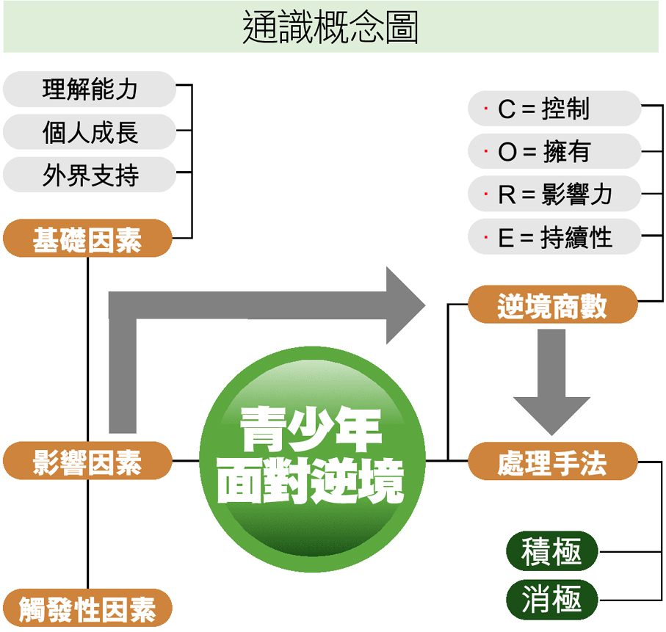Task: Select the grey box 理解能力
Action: pyautogui.click(x=90, y=90)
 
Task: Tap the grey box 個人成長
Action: pyautogui.click(x=90, y=132)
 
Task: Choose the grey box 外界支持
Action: pyautogui.click(x=90, y=175)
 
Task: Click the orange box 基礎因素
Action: pyautogui.click(x=87, y=239)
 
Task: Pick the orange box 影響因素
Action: pyautogui.click(x=87, y=462)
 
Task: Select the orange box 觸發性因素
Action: pyautogui.click(x=87, y=608)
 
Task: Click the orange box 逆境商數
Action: pyautogui.click(x=553, y=304)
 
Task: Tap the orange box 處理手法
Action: pyautogui.click(x=553, y=462)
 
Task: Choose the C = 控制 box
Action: pyautogui.click(x=554, y=109)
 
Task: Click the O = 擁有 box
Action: pyautogui.click(x=554, y=151)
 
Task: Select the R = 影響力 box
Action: pyautogui.click(x=554, y=194)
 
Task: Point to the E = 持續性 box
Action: pyautogui.click(x=554, y=236)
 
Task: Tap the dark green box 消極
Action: pyautogui.click(x=552, y=600)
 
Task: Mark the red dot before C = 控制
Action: pyautogui.click(x=486, y=109)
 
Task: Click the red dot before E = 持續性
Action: pyautogui.click(x=486, y=236)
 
